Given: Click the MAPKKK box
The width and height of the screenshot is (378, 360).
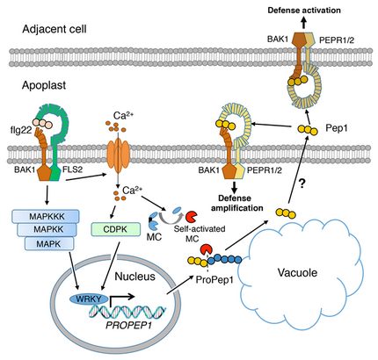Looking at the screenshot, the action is tap(45, 216).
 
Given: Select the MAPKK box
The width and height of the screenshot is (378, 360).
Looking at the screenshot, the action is tap(47, 229).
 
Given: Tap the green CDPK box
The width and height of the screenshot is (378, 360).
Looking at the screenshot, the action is tap(115, 229).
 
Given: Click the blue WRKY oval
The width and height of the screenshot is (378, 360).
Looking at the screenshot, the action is tap(89, 299).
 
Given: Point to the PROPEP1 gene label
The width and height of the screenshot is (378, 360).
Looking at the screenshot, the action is tap(129, 325).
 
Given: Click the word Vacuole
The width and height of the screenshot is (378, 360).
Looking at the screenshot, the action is tap(297, 273).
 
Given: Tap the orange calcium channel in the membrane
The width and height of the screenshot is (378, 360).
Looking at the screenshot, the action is tap(118, 154).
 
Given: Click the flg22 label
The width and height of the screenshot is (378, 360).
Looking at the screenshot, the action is tap(20, 130).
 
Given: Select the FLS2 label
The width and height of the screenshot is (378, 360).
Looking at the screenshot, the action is tap(72, 169).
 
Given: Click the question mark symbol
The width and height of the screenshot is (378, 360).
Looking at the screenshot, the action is tap(302, 184).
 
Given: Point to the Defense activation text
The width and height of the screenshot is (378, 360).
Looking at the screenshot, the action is tap(304, 11).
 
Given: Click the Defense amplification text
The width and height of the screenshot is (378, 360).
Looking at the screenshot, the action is tap(237, 203).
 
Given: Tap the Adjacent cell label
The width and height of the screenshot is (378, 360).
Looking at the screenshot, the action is tap(55, 29).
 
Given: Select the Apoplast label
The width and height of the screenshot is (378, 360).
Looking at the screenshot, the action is tap(44, 85).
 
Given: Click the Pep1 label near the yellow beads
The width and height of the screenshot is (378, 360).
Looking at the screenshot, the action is tap(337, 128).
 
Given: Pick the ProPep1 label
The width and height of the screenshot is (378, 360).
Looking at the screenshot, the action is tap(214, 280).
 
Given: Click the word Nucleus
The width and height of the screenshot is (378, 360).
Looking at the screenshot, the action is tap(134, 277).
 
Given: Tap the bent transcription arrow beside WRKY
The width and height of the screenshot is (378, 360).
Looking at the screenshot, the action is tap(120, 299).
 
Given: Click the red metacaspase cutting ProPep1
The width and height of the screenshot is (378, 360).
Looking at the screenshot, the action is tap(207, 250).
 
